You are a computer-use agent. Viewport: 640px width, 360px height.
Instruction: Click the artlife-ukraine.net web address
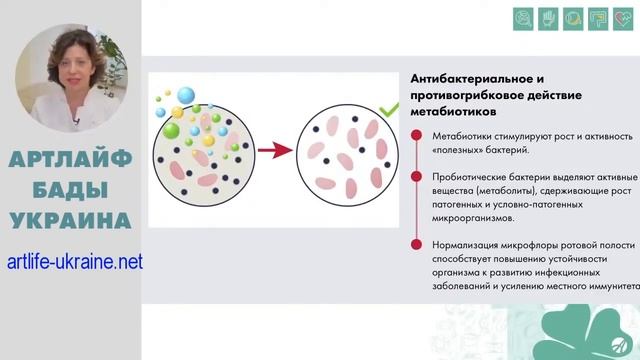point(74,262)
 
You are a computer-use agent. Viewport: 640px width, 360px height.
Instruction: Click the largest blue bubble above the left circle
point(184,96)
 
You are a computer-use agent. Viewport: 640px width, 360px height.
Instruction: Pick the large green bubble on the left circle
point(171,131)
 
